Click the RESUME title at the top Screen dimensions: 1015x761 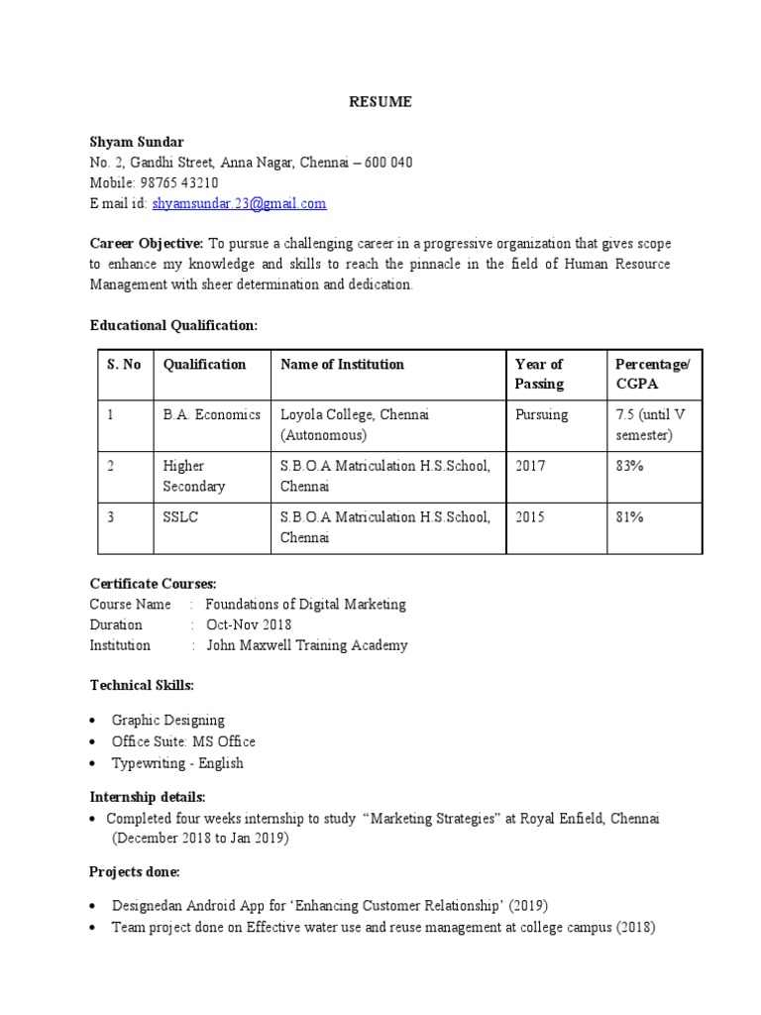tap(380, 102)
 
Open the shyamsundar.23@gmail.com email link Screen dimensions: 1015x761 tap(239, 203)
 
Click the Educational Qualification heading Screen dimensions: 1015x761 tap(173, 325)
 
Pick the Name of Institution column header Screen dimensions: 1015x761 tap(342, 365)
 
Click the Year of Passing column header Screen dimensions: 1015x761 tap(539, 374)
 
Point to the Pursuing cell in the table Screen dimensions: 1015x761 tap(542, 414)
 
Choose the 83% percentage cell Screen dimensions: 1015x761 tap(629, 466)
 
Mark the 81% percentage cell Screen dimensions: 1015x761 tap(629, 517)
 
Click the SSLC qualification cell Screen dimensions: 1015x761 tap(180, 517)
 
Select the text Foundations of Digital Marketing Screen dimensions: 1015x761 tap(305, 605)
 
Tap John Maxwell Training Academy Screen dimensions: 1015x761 tap(306, 645)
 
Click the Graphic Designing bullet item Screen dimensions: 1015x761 tap(168, 721)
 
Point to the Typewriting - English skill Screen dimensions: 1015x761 tap(177, 763)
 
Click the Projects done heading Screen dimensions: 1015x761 tap(136, 872)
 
